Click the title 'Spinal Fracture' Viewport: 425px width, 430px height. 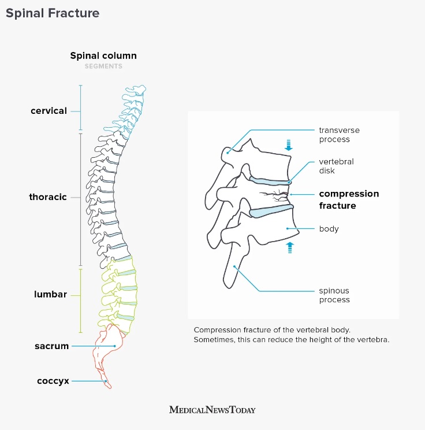click(53, 13)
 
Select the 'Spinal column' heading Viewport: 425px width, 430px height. click(103, 56)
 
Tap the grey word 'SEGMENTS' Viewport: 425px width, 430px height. click(103, 66)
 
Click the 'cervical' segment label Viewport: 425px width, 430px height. click(49, 111)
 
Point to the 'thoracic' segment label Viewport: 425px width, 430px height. click(48, 197)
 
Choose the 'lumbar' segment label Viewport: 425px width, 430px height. click(50, 294)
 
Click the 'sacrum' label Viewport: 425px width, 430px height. click(52, 346)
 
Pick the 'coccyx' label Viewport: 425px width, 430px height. click(53, 381)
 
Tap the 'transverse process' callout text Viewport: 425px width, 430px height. click(334, 135)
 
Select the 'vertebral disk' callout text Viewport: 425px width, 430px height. click(336, 166)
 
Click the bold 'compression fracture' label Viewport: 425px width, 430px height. click(349, 199)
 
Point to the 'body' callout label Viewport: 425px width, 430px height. click(329, 229)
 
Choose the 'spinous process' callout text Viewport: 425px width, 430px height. click(334, 295)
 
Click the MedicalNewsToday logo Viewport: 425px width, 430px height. click(212, 410)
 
